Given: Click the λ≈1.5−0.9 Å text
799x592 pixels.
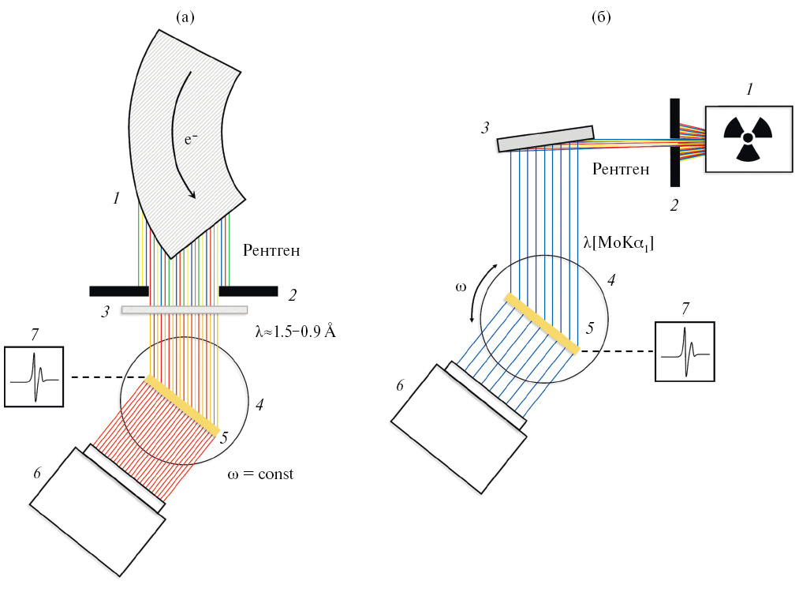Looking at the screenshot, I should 296,332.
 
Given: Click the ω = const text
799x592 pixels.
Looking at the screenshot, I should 259,475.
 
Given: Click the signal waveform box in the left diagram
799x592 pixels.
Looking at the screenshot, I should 34,376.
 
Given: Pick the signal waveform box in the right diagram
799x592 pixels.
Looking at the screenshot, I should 685,350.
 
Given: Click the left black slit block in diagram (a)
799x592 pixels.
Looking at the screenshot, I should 119,290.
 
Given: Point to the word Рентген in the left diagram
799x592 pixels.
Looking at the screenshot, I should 272,252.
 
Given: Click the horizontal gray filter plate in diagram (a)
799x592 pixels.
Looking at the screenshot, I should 184,310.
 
